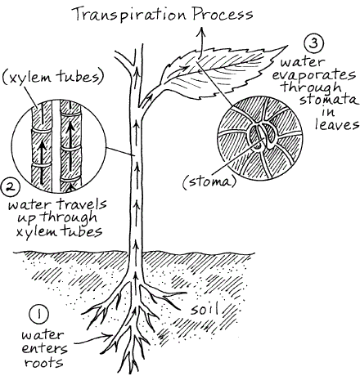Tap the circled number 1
click(39, 314)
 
